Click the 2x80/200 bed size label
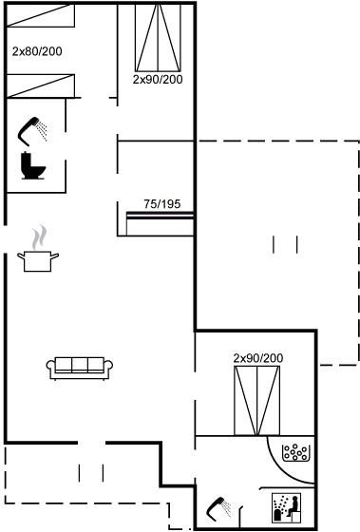[x=37, y=51]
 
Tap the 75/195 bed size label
[x=162, y=204]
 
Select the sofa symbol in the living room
[x=80, y=368]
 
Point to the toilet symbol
[x=33, y=165]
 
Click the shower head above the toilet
[x=32, y=131]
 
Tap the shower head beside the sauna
[x=219, y=509]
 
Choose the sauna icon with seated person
[x=287, y=508]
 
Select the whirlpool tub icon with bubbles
[x=295, y=452]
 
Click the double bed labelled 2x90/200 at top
[x=158, y=37]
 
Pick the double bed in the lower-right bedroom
[x=256, y=400]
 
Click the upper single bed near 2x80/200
[x=41, y=15]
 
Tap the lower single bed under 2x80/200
[x=41, y=86]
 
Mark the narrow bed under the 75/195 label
[x=160, y=223]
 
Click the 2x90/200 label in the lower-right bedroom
[x=258, y=358]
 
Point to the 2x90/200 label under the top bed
[x=158, y=80]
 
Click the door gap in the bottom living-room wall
[x=91, y=443]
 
